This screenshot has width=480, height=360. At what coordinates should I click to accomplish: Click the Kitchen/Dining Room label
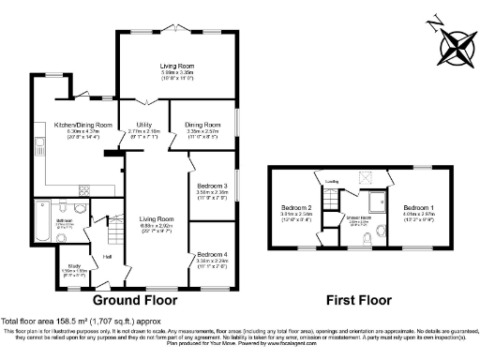[x=82, y=126]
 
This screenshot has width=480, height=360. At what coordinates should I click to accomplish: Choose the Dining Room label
[x=202, y=124]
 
